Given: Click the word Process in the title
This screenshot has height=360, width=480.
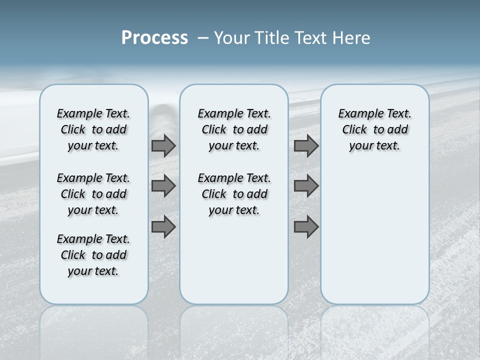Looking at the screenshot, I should tap(154, 38).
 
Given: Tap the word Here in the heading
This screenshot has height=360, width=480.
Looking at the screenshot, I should tap(350, 38).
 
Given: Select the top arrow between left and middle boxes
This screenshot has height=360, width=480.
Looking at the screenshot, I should tap(163, 146).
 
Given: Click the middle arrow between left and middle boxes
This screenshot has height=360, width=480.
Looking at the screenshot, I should tap(163, 186).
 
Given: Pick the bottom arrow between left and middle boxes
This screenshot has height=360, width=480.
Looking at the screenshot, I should tap(163, 227).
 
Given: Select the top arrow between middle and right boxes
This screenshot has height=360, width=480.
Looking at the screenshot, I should tap(306, 146).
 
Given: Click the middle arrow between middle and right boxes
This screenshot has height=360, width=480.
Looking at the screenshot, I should tap(306, 186).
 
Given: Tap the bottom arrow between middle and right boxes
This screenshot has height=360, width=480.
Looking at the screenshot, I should tap(306, 227).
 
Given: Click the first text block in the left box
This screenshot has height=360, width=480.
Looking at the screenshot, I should tap(93, 129).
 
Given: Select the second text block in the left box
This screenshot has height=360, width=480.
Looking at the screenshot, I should tap(93, 194).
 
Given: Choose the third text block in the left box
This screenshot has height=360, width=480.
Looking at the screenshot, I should tap(93, 255).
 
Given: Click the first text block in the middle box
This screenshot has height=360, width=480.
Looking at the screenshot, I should tap(234, 129).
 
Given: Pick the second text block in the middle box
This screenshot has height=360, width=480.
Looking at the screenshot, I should tap(234, 194).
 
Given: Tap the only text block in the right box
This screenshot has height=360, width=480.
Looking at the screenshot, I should tap(374, 129).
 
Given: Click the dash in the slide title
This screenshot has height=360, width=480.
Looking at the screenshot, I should tap(203, 38).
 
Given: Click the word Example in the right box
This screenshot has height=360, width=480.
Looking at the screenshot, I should tap(357, 114).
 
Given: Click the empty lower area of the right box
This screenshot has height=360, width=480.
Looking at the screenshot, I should tap(374, 240).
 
